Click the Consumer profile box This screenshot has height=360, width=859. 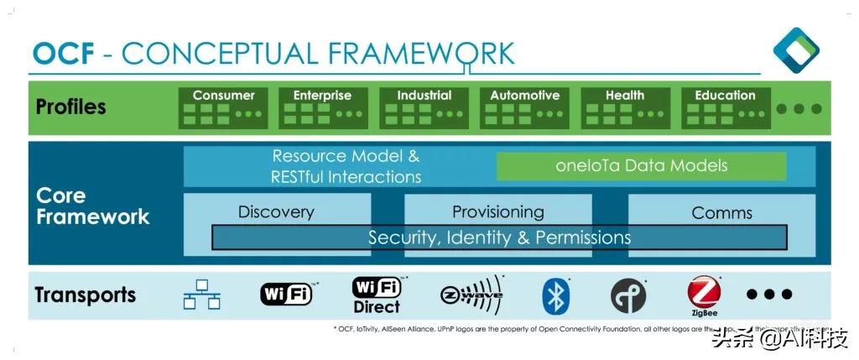tap(223, 107)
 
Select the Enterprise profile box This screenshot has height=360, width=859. tap(322, 107)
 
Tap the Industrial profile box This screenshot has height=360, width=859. tap(424, 107)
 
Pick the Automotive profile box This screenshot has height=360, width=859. tap(524, 107)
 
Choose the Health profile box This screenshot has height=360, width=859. tap(625, 107)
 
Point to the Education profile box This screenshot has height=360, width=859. tap(725, 107)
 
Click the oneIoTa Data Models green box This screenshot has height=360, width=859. tap(641, 166)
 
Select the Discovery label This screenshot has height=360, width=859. tap(276, 212)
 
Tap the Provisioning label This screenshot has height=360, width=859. tap(497, 211)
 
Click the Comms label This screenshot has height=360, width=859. tap(721, 213)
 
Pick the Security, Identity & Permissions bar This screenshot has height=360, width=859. tap(499, 237)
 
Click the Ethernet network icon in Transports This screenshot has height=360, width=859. tap(202, 295)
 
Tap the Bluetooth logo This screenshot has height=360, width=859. tap(555, 295)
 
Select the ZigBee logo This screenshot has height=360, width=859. tap(704, 295)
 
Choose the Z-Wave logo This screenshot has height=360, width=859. tap(472, 294)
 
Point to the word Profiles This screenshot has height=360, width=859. tap(71, 107)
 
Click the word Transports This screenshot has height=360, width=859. tap(85, 295)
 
